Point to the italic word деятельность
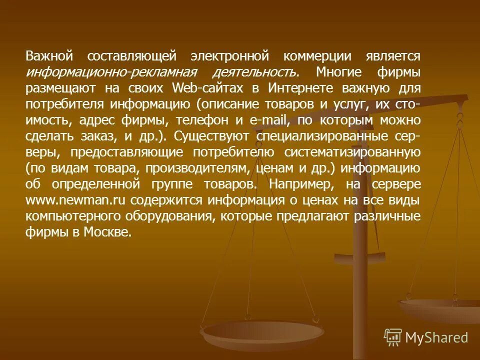tap(256, 72)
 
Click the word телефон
tap(202, 120)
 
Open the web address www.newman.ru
tap(75, 200)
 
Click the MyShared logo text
tap(436, 338)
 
